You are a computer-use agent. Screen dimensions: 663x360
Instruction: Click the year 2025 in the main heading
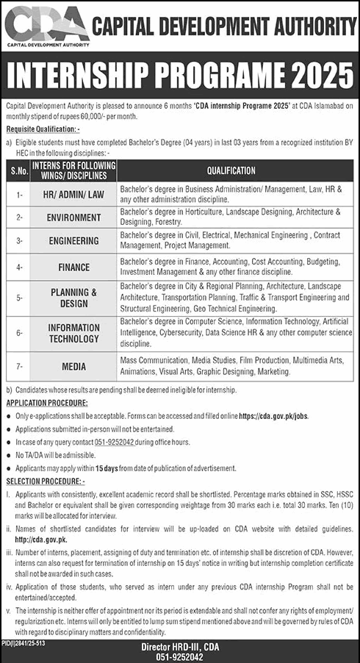(x=314, y=75)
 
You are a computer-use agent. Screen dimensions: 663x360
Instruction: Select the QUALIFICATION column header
(x=231, y=170)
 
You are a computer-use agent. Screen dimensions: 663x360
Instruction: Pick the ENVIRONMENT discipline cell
(x=73, y=218)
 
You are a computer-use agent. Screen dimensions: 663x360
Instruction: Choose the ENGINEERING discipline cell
(x=73, y=240)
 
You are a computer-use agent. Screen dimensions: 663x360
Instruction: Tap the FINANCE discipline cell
(x=73, y=267)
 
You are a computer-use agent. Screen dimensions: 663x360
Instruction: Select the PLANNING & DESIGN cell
(x=73, y=297)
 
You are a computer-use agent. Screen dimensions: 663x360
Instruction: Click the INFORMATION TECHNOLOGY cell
(x=73, y=333)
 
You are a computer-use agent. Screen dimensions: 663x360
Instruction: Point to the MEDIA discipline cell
(x=73, y=365)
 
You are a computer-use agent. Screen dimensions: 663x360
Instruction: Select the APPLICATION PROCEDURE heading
(x=47, y=403)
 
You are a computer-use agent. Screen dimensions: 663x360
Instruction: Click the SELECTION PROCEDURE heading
(x=43, y=481)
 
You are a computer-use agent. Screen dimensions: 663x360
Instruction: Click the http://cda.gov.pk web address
(x=36, y=538)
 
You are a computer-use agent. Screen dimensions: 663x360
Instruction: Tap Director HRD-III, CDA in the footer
(x=181, y=647)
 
